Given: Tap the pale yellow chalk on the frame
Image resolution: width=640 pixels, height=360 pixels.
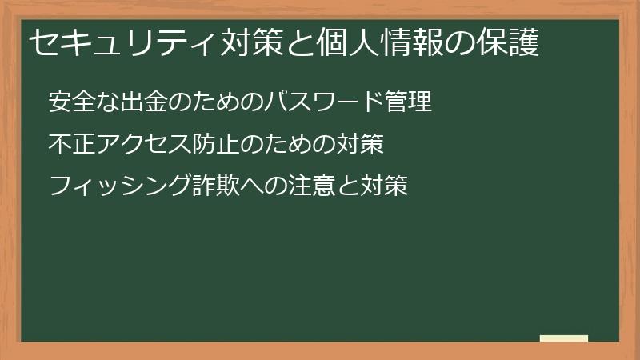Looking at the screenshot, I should tap(564, 338).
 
